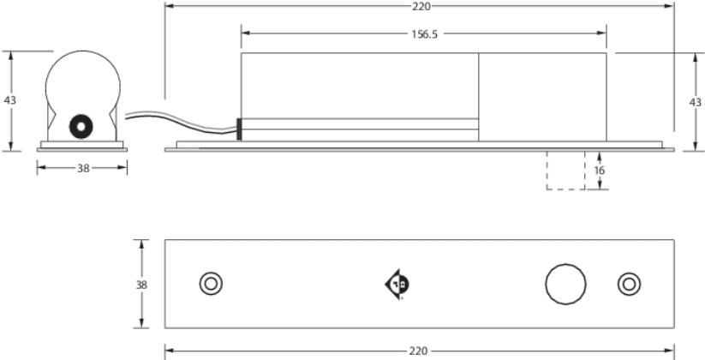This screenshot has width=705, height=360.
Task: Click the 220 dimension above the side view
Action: pyautogui.click(x=421, y=6)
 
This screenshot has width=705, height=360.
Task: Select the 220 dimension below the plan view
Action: pyautogui.click(x=421, y=351)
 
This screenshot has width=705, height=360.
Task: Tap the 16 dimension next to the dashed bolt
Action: pyautogui.click(x=600, y=171)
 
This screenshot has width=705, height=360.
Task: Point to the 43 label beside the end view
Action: pyautogui.click(x=10, y=100)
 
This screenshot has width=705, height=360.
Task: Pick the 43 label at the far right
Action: pyautogui.click(x=695, y=101)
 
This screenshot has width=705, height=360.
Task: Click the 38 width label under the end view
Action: pyautogui.click(x=83, y=169)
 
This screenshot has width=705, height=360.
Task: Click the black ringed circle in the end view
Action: pyautogui.click(x=81, y=126)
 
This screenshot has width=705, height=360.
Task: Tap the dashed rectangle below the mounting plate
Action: pyautogui.click(x=565, y=171)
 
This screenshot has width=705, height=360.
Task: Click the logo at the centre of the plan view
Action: pyautogui.click(x=397, y=284)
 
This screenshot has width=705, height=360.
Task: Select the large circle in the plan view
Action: pyautogui.click(x=566, y=284)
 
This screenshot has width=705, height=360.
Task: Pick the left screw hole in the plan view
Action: pyautogui.click(x=210, y=284)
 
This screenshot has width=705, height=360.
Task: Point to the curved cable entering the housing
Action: pyautogui.click(x=171, y=117)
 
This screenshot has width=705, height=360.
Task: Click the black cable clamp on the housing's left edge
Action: pyautogui.click(x=238, y=129)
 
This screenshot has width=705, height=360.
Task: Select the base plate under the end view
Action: pyautogui.click(x=82, y=148)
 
